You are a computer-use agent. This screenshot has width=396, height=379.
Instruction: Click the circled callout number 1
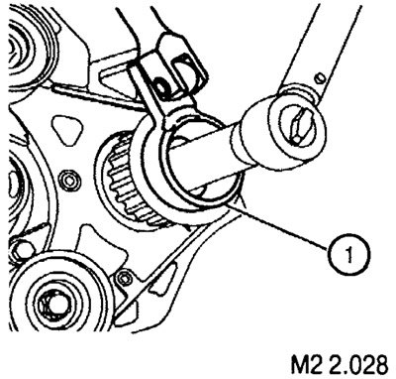[349, 255]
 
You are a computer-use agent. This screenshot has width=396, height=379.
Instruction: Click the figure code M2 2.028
[340, 364]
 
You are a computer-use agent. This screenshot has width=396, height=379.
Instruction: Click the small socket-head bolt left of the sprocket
[70, 181]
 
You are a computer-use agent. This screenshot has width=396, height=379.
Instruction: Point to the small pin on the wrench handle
[319, 77]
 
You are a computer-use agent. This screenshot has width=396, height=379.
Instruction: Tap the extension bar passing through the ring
[201, 157]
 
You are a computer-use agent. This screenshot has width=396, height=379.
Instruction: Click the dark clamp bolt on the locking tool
[162, 87]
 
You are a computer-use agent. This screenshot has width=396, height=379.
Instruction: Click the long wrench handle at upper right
[335, 50]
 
